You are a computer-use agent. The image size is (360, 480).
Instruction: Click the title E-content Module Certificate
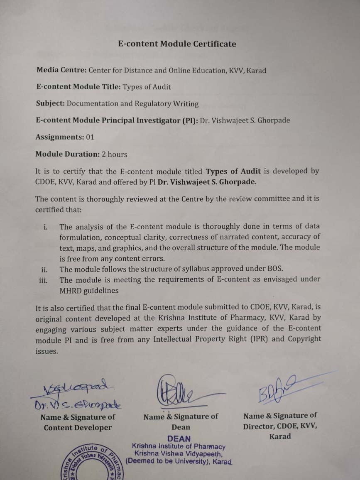point(177,44)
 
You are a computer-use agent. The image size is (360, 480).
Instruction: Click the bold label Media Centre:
point(61,70)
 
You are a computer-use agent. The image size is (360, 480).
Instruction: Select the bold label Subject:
point(50,103)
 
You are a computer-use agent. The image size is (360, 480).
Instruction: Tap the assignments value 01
point(90,137)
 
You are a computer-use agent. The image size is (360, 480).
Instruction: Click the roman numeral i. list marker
point(45,227)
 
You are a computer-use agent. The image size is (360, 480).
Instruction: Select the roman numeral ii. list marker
point(44,269)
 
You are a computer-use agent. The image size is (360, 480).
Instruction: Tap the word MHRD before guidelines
point(70,291)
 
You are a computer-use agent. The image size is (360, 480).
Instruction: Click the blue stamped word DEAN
point(179,438)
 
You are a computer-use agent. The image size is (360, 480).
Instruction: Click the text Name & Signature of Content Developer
point(78,422)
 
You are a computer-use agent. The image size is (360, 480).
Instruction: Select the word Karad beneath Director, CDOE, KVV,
point(280,436)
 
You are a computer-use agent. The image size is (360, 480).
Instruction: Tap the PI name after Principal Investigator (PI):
point(245,120)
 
